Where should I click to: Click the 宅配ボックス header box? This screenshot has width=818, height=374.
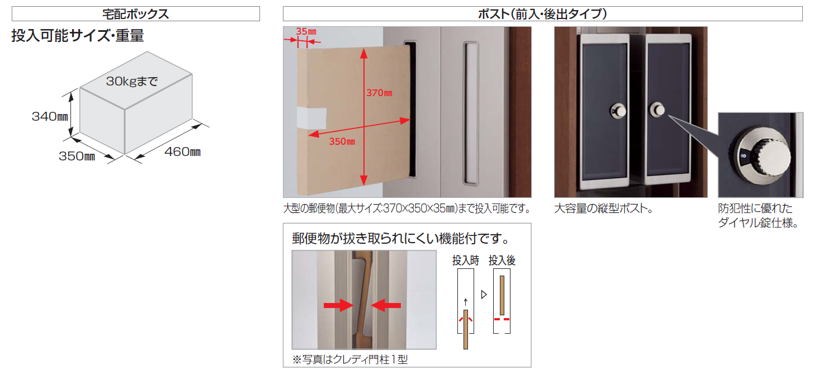point(135,14)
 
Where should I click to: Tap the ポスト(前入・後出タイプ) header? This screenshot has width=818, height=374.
point(543,14)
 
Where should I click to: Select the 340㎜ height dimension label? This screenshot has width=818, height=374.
point(50,116)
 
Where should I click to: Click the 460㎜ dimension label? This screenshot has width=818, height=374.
point(182,152)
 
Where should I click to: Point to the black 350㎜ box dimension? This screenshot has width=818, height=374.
point(77,157)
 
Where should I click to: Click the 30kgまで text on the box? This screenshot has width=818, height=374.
point(132,81)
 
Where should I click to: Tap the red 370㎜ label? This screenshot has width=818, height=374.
point(380,93)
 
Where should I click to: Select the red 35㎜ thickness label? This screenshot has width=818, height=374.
point(306,31)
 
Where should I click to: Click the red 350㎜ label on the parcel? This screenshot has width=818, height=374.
point(342,141)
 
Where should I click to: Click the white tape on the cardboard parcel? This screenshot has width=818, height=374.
point(311,118)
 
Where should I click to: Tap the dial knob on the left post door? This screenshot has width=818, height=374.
point(618,111)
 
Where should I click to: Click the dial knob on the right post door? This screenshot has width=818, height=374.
point(658,110)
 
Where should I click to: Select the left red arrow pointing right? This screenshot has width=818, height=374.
point(338,305)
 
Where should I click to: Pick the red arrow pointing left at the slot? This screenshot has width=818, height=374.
point(386,305)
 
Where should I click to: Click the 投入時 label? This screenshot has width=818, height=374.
point(466,261)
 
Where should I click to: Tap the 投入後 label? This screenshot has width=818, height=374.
point(502,261)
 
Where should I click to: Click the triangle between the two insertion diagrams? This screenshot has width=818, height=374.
point(484,295)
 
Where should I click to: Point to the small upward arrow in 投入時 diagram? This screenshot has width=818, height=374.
point(466,302)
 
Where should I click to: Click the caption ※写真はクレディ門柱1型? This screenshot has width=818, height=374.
point(350,359)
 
